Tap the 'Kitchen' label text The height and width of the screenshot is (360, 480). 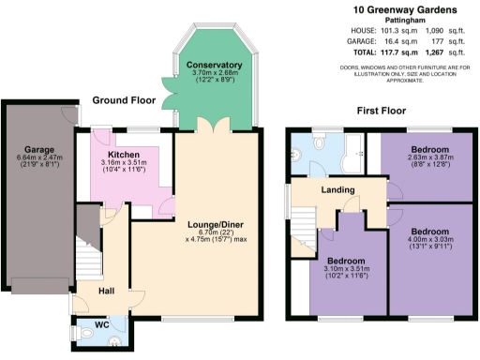click(124, 155)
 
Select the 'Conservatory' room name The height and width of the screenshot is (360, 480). click(194, 64)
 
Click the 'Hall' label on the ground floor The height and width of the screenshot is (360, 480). click(106, 291)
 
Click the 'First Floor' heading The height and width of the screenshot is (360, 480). click(382, 111)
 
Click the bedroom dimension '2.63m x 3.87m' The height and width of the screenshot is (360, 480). click(430, 158)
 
